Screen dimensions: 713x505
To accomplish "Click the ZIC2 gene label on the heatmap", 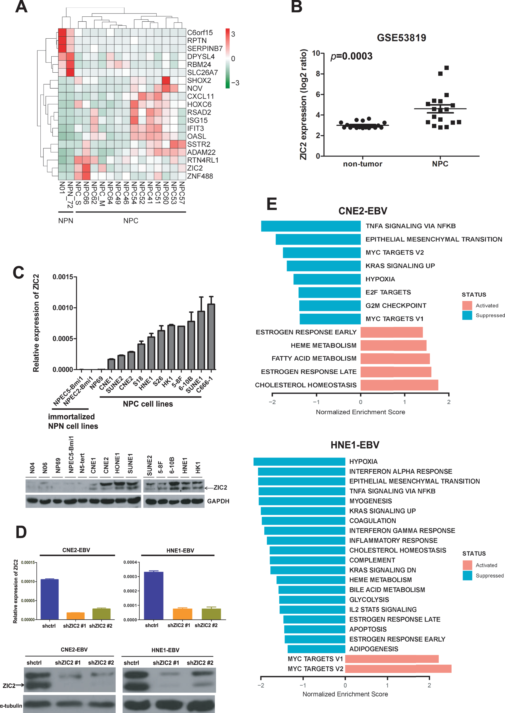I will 195,168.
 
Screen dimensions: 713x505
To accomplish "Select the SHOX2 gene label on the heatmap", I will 199,80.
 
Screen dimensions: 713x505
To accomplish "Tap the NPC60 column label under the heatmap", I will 165,193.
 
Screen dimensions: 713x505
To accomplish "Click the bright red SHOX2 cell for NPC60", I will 166,80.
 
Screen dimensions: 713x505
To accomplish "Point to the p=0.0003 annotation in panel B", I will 351,56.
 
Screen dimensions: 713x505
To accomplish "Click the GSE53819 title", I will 401,38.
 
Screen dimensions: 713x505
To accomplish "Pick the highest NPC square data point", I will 446,68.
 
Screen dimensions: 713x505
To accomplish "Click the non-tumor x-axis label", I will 362,164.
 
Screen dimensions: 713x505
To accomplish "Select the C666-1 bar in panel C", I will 211,336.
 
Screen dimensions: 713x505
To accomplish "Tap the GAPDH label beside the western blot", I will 218,501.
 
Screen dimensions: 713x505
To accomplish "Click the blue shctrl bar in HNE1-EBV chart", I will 154,595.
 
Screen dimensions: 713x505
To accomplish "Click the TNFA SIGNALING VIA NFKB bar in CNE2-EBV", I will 311,226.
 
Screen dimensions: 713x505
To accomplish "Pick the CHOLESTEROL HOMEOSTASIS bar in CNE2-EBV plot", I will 399,385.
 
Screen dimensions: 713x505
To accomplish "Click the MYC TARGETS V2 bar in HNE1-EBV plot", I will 398,669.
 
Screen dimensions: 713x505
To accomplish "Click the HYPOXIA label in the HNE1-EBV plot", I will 363,461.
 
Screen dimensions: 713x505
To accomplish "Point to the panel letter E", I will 272,204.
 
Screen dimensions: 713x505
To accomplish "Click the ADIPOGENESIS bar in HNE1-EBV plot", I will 316,649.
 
